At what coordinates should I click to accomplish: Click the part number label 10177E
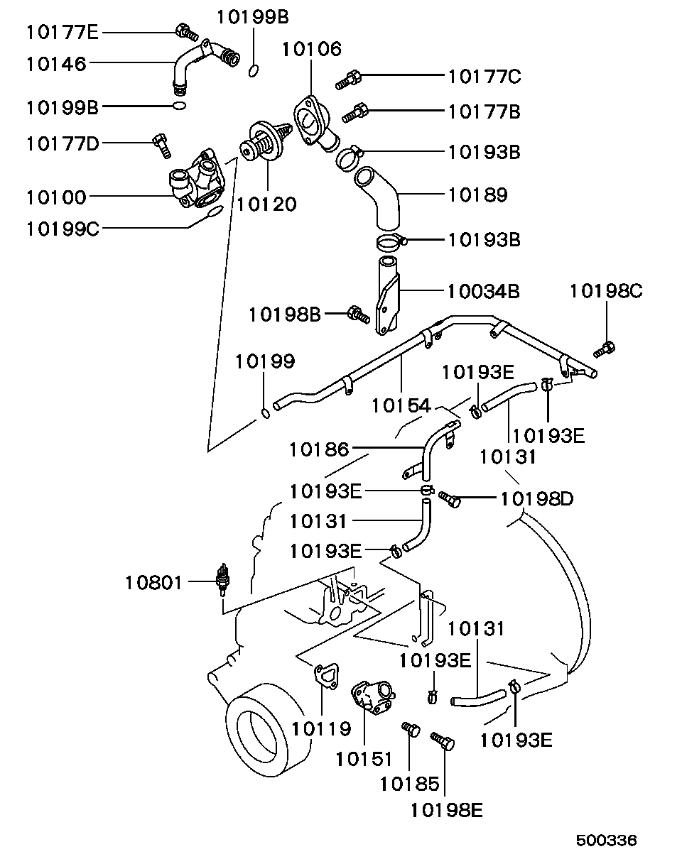[63, 32]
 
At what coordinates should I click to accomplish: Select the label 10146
[56, 64]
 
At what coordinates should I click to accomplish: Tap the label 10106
[311, 49]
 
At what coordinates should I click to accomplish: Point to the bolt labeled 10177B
[356, 112]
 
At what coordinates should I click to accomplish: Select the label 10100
[56, 197]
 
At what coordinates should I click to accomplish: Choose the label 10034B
[483, 291]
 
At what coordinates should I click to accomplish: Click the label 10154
[401, 405]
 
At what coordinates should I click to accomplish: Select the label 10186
[319, 449]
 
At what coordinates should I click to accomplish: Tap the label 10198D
[536, 499]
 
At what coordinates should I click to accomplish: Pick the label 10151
[364, 759]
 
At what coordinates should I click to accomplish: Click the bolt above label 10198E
[443, 742]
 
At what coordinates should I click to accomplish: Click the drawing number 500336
[606, 840]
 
